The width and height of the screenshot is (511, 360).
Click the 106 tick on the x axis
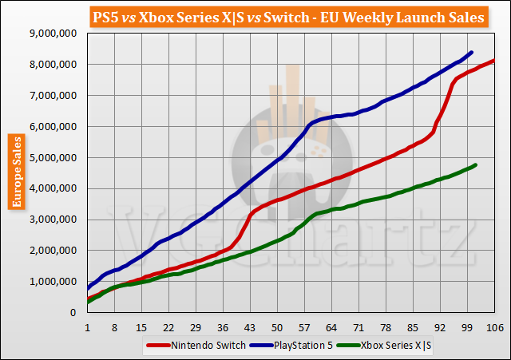[494, 327]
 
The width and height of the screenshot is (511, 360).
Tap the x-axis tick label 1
[88, 327]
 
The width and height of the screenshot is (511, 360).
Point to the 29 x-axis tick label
[196, 327]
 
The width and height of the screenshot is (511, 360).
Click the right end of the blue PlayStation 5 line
[472, 53]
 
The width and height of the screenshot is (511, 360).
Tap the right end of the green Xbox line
[476, 165]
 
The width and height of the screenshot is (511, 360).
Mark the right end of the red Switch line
[494, 61]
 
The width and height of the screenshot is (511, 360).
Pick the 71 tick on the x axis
[358, 327]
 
